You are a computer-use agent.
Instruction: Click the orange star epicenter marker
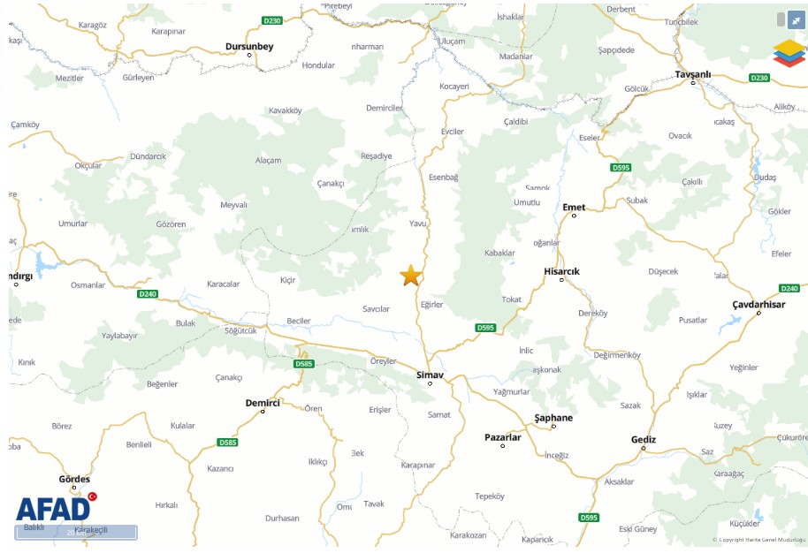click(x=410, y=276)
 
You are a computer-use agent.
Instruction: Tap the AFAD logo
click(x=54, y=508)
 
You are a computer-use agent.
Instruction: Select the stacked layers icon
click(x=789, y=53)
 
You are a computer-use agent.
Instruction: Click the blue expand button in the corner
click(x=796, y=19)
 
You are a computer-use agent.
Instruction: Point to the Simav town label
click(x=430, y=375)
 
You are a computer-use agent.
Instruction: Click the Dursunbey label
click(x=249, y=46)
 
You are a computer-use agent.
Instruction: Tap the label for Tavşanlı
click(x=692, y=74)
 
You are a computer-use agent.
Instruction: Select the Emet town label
click(x=574, y=207)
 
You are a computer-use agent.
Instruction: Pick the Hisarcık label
click(x=561, y=271)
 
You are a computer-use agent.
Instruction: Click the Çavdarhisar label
click(x=758, y=304)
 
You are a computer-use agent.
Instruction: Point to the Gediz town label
click(x=644, y=439)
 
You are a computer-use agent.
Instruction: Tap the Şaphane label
click(x=553, y=417)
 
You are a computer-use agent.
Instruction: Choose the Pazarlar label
click(x=503, y=436)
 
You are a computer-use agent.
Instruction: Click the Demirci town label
click(x=263, y=402)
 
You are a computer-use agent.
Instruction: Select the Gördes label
click(x=74, y=479)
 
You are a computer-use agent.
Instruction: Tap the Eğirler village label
click(x=431, y=305)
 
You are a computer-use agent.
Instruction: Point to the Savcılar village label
click(x=376, y=309)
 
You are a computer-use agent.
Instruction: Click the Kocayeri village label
click(x=454, y=87)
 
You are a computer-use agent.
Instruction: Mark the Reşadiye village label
click(x=376, y=155)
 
